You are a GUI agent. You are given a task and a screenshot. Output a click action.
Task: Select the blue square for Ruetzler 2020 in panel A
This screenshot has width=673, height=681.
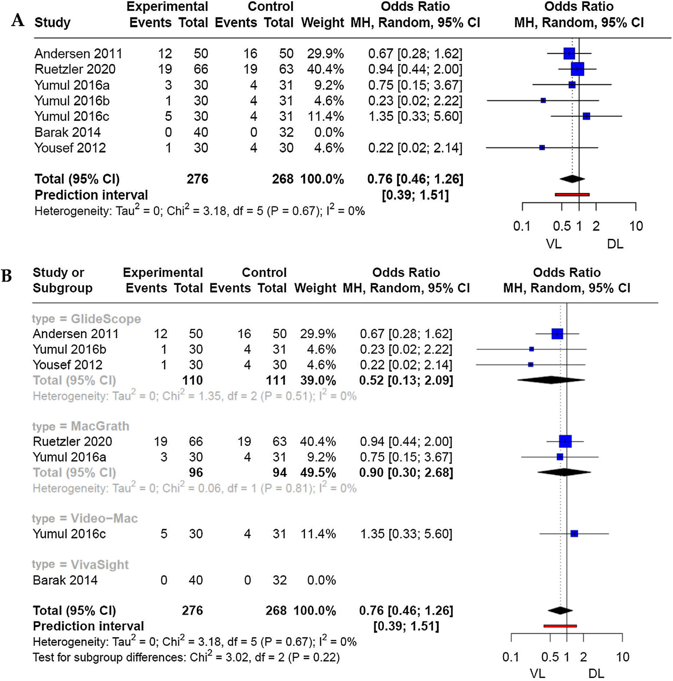[577, 69]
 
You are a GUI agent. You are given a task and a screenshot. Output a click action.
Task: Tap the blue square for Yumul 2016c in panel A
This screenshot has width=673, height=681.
[586, 116]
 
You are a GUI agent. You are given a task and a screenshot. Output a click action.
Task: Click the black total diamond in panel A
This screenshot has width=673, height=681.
[572, 179]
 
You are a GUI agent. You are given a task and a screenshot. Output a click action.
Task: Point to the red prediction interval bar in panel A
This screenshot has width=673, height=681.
[572, 195]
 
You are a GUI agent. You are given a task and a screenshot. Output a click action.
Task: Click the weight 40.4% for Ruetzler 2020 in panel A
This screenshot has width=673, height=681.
[325, 69]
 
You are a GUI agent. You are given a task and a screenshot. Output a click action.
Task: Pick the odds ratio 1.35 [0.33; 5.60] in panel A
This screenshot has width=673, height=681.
[415, 116]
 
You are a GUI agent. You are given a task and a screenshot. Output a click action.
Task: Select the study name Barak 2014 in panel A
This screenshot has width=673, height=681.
[68, 132]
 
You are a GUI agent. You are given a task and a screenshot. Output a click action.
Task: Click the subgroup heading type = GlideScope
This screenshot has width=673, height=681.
[86, 319]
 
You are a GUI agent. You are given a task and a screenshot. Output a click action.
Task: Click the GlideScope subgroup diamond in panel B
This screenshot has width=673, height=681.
[551, 380]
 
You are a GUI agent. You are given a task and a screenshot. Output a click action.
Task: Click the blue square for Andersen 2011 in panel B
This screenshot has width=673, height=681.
[557, 333]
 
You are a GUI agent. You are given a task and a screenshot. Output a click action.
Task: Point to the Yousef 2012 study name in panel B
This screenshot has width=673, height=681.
[68, 365]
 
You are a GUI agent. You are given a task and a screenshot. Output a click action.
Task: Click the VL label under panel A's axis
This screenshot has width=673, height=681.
[554, 244]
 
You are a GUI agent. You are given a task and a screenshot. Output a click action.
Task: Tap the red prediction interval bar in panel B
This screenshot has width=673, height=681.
[560, 626]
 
